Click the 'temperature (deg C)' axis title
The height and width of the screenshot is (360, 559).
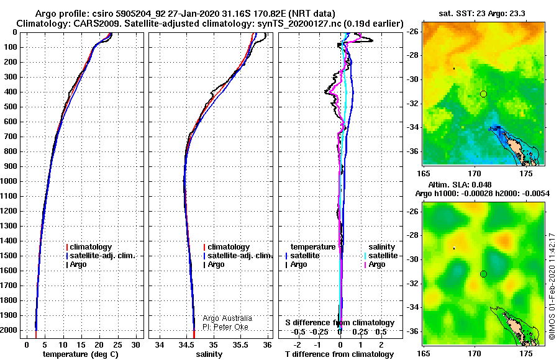[x=80, y=354]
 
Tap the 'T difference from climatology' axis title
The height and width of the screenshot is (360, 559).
[x=340, y=354]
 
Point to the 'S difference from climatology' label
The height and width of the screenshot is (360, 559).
[x=340, y=323]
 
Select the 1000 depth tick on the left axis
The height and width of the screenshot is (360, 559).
[x=10, y=181]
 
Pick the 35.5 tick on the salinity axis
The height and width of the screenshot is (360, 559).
[x=240, y=345]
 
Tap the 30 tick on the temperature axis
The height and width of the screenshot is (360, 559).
[x=136, y=345]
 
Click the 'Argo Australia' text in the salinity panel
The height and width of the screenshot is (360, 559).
[x=227, y=318]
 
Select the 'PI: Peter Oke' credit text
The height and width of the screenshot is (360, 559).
[x=225, y=327]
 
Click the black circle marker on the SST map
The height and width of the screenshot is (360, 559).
[x=483, y=94]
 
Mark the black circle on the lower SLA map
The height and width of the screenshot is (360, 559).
[x=483, y=274]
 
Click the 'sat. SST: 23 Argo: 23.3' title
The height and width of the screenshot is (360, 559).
[x=481, y=14]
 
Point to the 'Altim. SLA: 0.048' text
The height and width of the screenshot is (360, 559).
[x=460, y=184]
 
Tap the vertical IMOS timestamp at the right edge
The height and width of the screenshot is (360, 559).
[x=552, y=286]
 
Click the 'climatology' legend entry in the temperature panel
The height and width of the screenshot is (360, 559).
[x=89, y=247]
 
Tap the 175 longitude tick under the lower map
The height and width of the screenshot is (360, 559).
[x=526, y=354]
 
